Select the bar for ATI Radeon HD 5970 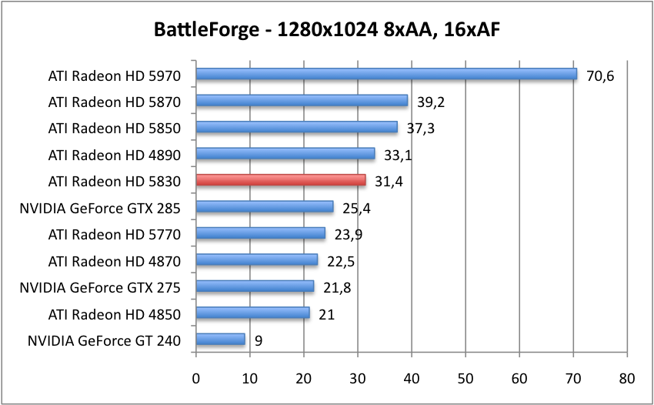click(386, 74)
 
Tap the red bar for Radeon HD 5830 click(281, 180)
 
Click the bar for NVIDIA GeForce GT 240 click(221, 339)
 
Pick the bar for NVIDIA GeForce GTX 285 click(265, 206)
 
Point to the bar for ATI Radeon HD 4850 click(253, 313)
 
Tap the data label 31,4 click(389, 182)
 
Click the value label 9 click(258, 340)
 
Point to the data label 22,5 click(340, 261)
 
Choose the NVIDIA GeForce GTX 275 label click(100, 287)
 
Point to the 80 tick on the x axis click(627, 379)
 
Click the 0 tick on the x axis click(196, 379)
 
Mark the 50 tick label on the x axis click(465, 379)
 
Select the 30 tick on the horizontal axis click(358, 379)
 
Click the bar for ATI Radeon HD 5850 click(297, 127)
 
